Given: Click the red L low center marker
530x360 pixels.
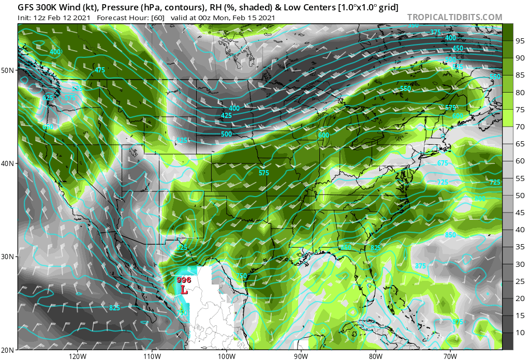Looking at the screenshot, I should (184, 291).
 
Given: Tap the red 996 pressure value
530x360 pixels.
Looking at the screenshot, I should (184, 280).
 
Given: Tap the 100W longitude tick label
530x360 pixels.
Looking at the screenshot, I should (226, 356).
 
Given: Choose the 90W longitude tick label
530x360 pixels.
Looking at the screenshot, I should (301, 356).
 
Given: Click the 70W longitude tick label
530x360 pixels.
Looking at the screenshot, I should (450, 356).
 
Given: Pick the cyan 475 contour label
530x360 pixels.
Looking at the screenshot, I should (100, 70).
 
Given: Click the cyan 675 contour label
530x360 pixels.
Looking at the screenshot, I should (443, 163).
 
